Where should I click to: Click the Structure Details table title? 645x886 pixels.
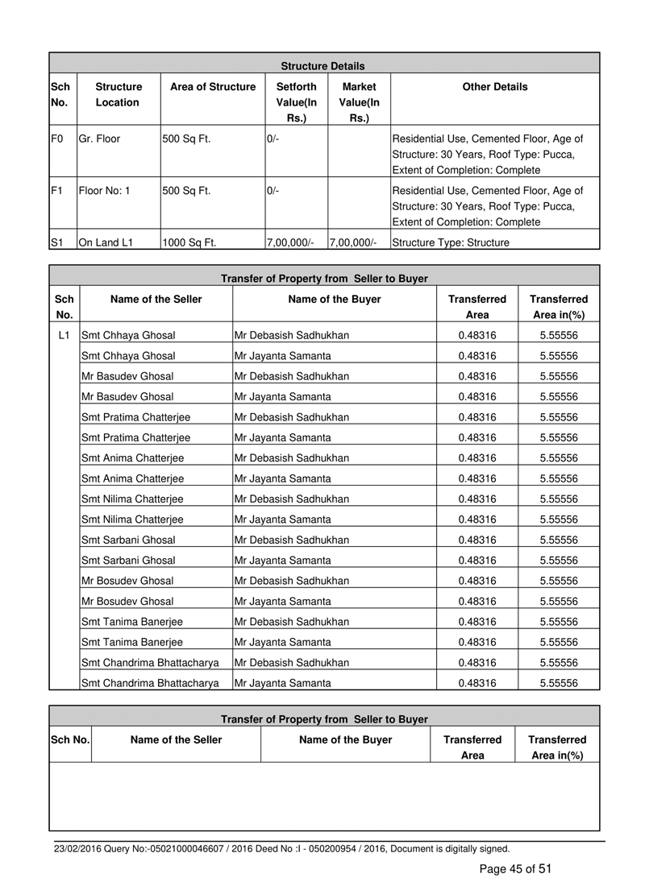[x=322, y=66]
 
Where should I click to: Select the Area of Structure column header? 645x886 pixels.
[x=213, y=87]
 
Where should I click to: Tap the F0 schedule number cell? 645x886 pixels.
[x=56, y=139]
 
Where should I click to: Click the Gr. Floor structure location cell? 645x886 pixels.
[x=100, y=139]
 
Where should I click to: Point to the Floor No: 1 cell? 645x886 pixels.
[x=105, y=192]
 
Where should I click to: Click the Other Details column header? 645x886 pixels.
[x=495, y=87]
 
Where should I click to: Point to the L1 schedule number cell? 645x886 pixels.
[x=65, y=334]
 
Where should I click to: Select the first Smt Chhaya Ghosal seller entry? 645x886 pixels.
[x=129, y=334]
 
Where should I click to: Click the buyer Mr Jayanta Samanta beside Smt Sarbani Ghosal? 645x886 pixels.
[x=282, y=560]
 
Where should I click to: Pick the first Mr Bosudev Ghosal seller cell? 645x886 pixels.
[x=127, y=580]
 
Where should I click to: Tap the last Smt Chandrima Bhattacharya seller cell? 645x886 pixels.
[x=151, y=683]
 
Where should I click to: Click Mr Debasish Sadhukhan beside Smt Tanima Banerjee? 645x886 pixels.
[x=292, y=621]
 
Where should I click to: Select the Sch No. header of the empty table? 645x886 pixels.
[x=70, y=739]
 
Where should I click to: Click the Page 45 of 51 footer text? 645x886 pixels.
[x=515, y=868]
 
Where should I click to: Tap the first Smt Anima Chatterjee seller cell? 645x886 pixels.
[x=133, y=457]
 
